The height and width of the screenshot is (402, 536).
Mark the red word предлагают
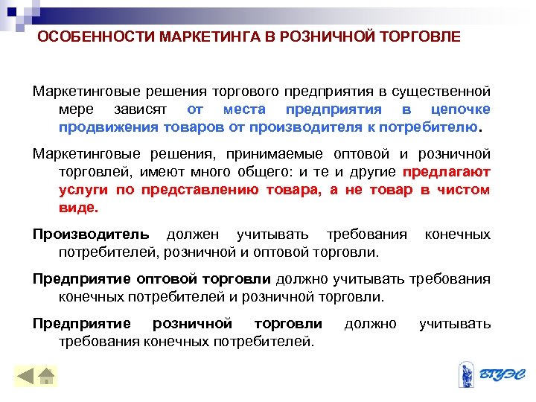[x=446, y=172]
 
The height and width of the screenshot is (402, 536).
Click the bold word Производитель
[x=91, y=235]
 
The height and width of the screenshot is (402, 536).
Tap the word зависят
[x=139, y=109]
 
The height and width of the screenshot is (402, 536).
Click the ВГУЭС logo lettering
[x=500, y=374]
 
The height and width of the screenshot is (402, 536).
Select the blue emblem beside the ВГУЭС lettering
[x=467, y=374]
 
